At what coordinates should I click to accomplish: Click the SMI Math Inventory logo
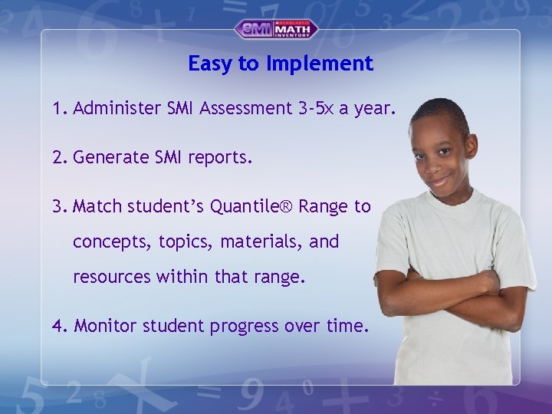276,29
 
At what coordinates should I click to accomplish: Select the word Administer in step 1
117,109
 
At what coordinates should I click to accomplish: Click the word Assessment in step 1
245,109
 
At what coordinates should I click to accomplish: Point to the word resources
112,278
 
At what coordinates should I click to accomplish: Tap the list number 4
58,326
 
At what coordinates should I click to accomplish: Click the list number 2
58,158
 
